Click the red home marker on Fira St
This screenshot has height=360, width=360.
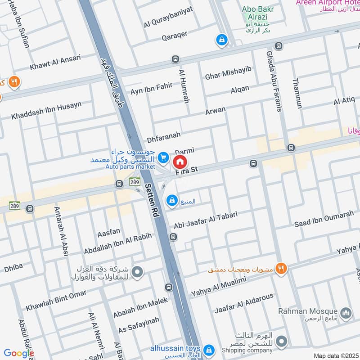(180, 161)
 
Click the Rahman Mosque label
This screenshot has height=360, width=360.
(308, 311)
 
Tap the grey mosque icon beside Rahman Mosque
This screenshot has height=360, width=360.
(346, 312)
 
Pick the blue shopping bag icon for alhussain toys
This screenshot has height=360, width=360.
(209, 349)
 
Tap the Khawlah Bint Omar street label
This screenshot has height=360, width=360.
(49, 303)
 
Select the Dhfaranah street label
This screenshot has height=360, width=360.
(163, 135)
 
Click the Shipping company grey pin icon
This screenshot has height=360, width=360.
(281, 341)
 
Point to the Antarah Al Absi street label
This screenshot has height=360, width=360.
(58, 232)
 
